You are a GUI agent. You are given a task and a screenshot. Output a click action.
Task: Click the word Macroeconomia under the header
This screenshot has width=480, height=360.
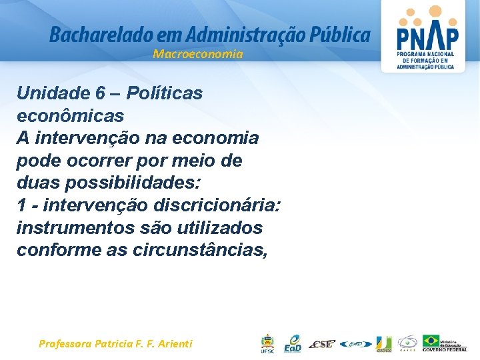[x=198, y=54]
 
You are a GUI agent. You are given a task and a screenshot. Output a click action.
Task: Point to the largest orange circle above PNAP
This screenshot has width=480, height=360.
[x=435, y=11]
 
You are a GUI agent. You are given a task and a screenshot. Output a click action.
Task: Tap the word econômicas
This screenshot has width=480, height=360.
[x=70, y=115]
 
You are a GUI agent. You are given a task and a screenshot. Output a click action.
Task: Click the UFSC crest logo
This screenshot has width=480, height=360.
[x=267, y=343]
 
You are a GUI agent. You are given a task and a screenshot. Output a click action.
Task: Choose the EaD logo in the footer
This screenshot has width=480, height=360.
[x=292, y=343]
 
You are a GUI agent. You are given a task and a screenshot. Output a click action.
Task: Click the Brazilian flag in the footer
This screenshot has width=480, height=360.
[x=431, y=340]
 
